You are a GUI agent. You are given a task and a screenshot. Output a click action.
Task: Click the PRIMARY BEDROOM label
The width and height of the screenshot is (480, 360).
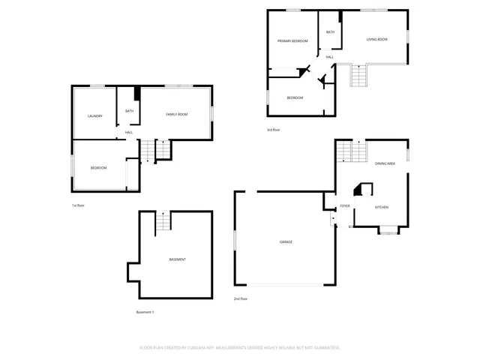click(x=292, y=41)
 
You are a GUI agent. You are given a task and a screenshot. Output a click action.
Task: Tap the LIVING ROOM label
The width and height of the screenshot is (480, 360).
click(x=376, y=39)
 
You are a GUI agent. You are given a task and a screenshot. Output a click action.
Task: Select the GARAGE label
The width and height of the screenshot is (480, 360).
click(x=286, y=241)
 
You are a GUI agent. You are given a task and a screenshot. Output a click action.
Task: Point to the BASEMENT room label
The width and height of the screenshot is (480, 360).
click(x=177, y=259)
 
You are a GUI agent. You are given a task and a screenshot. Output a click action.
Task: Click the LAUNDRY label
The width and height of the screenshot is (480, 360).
click(x=94, y=115)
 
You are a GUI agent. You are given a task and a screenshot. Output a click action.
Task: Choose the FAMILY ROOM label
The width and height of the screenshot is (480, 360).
click(x=176, y=114)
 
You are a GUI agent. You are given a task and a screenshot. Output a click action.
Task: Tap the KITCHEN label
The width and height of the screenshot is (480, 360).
click(x=381, y=207)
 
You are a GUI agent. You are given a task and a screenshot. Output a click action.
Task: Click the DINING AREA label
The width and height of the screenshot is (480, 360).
click(x=385, y=163)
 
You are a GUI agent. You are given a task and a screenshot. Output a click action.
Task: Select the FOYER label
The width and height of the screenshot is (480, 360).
click(x=345, y=205)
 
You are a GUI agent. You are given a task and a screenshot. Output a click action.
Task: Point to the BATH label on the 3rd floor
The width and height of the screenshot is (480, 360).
click(x=330, y=32)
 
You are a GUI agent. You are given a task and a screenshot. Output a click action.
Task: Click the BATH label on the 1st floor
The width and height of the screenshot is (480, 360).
click(x=129, y=111)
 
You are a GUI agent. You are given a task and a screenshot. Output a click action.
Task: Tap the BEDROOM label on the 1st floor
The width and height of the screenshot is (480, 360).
click(x=98, y=167)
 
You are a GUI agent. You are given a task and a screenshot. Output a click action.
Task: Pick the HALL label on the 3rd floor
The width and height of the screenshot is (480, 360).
click(x=329, y=57)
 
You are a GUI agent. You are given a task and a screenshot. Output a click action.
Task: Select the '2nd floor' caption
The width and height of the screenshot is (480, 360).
click(x=240, y=298)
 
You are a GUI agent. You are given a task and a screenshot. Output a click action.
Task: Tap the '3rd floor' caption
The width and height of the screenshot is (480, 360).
click(x=274, y=130)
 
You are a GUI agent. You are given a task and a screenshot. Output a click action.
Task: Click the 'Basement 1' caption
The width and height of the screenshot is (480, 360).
click(x=145, y=312)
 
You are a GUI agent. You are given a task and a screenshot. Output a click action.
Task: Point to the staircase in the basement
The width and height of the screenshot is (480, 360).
click(x=163, y=221)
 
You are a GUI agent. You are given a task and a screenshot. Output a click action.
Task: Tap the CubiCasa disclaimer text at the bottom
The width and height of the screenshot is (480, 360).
click(x=240, y=348)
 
